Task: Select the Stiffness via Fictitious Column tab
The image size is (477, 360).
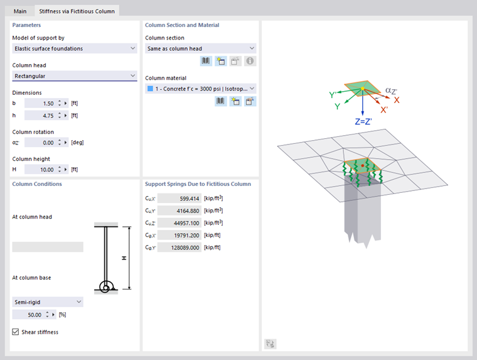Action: [x=77, y=11]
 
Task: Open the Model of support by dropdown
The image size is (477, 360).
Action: [x=75, y=48]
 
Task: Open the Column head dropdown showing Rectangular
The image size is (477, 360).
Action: [x=75, y=76]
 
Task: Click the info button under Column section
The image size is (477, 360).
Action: [x=250, y=62]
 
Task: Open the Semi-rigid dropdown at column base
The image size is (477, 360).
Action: [x=47, y=302]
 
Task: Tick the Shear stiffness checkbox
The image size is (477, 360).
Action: [x=16, y=332]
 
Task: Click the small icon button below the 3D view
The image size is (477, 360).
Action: [x=271, y=344]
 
